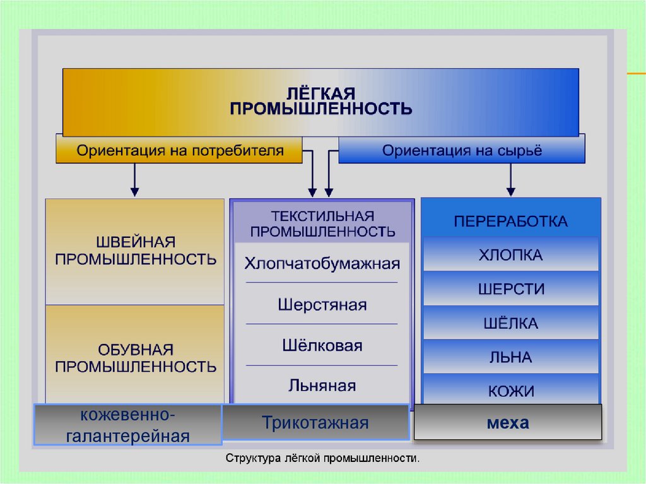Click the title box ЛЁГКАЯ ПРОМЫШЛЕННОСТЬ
coord(320,102)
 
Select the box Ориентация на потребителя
coord(179,150)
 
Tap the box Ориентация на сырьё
coord(461,150)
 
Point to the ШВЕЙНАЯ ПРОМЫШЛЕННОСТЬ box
coord(135,252)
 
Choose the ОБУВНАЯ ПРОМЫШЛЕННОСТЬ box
coord(135,355)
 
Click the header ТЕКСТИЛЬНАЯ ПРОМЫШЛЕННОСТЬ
coord(322,223)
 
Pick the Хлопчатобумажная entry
coord(322,263)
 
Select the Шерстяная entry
coord(322,304)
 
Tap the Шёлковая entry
coord(322,345)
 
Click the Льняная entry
coord(322,385)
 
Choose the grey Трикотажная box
coord(315,422)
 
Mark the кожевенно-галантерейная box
coord(127,425)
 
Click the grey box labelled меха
coord(508,423)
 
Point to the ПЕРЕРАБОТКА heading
coord(510,221)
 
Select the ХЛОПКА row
coord(510,254)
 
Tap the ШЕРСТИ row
coord(510,288)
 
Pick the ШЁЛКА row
coord(510,323)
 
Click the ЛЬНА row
coord(510,357)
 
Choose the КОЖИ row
coord(510,390)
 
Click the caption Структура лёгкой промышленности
coord(322,458)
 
